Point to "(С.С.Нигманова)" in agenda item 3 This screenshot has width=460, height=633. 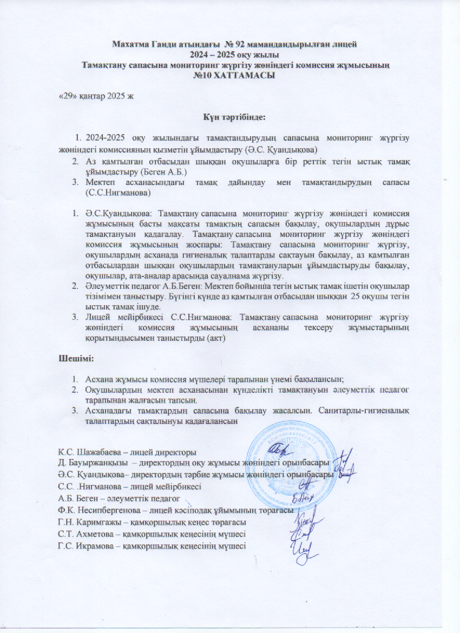(x=117, y=193)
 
